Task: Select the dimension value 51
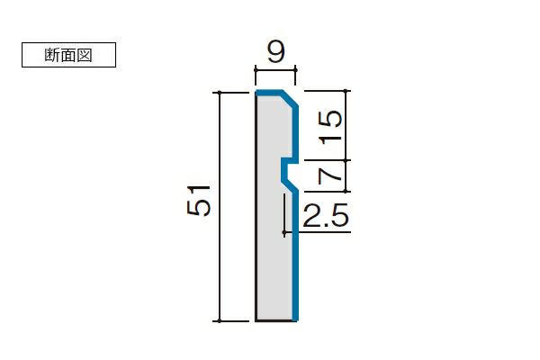(199, 201)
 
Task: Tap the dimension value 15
(330, 127)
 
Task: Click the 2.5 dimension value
(326, 216)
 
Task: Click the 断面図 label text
(68, 55)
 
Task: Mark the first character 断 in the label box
(52, 55)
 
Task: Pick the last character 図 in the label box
(85, 55)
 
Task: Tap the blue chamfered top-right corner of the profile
(290, 100)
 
